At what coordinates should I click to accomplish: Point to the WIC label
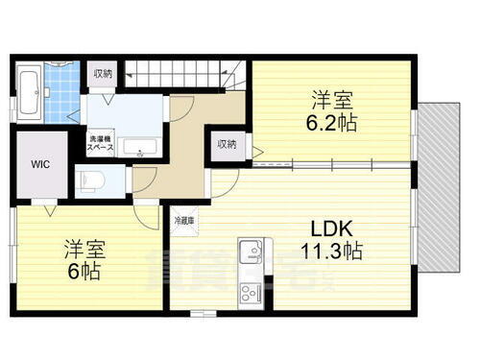click(38, 164)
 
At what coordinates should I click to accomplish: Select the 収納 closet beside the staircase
click(102, 73)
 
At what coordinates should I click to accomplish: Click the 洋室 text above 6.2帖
click(329, 97)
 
